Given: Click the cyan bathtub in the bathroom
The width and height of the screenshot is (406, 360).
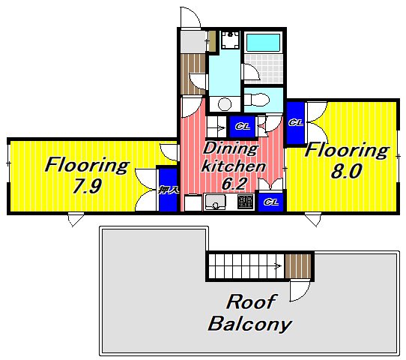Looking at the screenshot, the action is tap(263, 43).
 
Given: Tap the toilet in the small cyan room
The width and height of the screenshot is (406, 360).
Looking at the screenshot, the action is tap(257, 100).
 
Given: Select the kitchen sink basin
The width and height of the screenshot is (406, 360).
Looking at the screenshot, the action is tap(215, 202).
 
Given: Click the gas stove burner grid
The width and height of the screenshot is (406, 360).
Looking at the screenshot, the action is tap(245, 202).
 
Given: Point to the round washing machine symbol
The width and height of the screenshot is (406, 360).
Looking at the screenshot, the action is tap(225, 104).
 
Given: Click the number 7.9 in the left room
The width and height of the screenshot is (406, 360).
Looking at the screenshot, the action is tap(87, 186).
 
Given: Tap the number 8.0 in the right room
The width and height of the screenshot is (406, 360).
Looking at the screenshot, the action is tap(346, 171).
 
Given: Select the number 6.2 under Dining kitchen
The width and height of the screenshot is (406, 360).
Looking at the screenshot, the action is tap(234, 184).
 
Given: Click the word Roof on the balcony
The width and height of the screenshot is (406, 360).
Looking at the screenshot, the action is tap(251, 301).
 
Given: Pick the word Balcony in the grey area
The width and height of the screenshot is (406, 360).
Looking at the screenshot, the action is tap(250, 324).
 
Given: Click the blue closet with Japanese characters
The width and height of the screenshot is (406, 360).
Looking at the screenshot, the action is tap(168, 190).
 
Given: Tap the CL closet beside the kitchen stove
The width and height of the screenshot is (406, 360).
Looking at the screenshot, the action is tap(271, 202).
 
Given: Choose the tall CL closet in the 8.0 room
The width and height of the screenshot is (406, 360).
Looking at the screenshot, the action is tap(295, 122).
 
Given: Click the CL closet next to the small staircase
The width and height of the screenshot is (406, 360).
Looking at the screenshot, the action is tap(243, 127).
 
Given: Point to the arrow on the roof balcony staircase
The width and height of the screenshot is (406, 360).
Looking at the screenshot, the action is tap(279, 265).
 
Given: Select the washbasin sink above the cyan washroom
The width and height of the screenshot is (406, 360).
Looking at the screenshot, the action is tap(231, 40).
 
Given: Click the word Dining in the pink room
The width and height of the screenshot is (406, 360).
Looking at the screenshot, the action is tap(230, 149).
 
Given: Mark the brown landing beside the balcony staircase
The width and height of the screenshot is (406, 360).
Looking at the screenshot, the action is tap(298, 266).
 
